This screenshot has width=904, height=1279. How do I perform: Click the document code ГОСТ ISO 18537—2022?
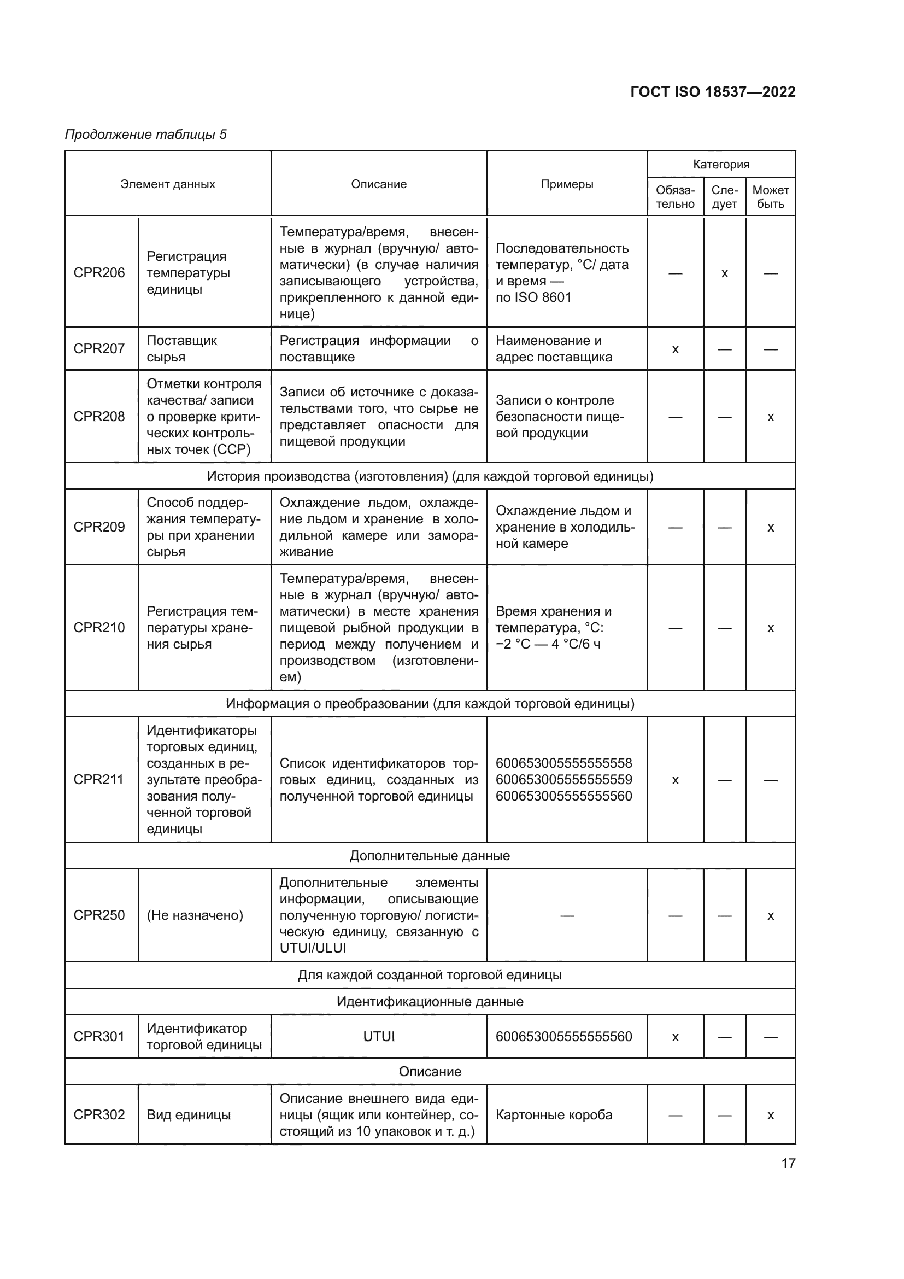713,92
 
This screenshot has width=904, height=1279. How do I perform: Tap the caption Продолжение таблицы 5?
146,135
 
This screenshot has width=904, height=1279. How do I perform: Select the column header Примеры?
567,184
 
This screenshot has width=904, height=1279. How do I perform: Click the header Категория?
721,165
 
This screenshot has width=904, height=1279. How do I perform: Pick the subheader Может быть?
771,197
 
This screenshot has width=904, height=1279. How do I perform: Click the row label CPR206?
99,272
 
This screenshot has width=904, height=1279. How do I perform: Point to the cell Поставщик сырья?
181,349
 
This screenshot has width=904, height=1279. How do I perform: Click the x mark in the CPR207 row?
675,350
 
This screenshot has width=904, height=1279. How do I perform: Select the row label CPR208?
99,416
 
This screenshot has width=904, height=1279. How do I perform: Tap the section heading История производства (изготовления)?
430,476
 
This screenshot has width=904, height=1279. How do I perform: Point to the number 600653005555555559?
563,779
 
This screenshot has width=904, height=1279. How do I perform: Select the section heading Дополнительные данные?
430,856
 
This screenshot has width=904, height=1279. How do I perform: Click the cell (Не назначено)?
195,915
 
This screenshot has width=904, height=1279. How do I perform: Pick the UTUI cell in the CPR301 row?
379,1037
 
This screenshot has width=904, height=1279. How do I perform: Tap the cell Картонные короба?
554,1114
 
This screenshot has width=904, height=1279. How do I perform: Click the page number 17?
788,1163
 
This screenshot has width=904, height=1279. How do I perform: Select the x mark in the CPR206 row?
724,273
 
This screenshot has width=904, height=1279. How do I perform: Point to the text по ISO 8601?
533,297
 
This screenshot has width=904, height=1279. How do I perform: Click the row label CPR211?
98,779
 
